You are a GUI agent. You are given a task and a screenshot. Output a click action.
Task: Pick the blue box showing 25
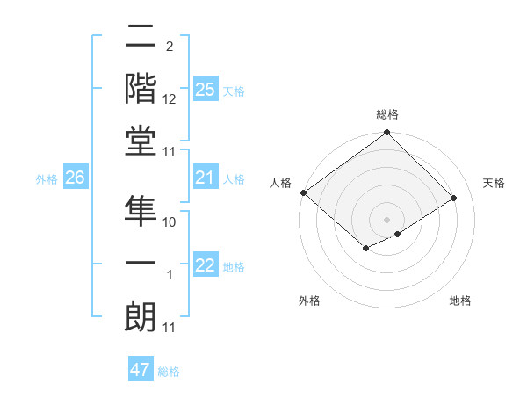pos(206,90)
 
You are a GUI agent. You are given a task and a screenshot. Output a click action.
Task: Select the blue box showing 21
pos(206,178)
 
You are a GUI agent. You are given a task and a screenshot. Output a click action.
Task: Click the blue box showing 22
pos(206,266)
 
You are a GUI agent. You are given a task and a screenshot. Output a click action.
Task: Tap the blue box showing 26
pos(76,178)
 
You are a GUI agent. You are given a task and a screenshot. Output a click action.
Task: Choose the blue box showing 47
pos(141,370)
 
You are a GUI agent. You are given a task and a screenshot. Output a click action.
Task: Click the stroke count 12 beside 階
pos(170,99)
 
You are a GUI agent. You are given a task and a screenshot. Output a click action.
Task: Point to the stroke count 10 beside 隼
pos(170,222)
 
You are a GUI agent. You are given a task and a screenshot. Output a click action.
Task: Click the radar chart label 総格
pos(387,114)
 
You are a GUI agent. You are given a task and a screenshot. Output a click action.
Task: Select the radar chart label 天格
pos(494,183)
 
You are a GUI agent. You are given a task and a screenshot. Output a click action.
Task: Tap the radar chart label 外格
pos(309,301)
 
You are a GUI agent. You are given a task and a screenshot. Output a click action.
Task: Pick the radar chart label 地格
pos(460,301)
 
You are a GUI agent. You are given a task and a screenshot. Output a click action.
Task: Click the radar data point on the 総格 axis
pos(386,134)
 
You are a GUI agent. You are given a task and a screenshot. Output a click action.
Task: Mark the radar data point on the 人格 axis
pos(303,192)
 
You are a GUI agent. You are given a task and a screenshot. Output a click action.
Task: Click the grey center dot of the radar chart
pos(386,219)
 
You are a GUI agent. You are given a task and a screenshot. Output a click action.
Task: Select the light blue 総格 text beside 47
pos(169,372)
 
